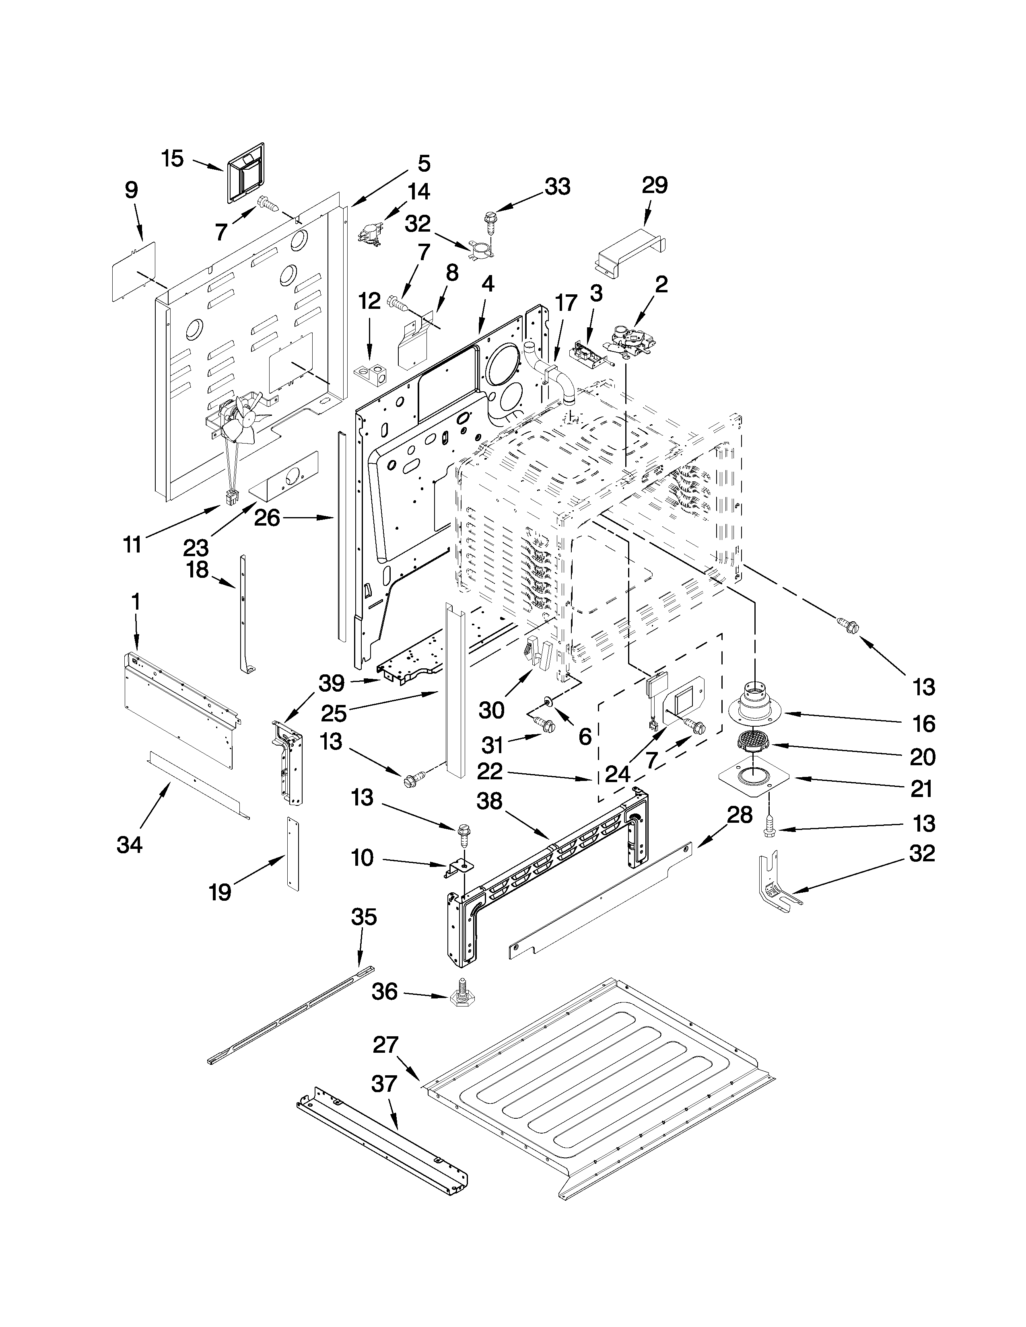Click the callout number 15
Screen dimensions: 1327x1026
173,159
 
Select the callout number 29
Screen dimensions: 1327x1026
655,185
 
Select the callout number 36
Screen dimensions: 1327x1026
384,992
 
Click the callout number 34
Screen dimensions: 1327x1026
130,844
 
